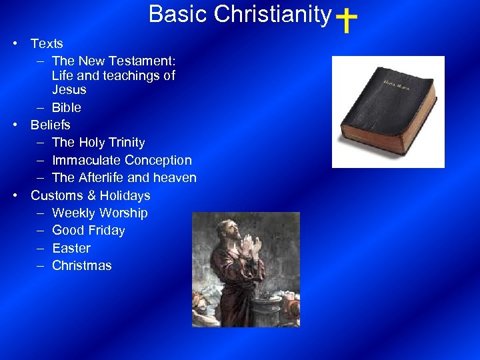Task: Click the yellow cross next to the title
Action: pyautogui.click(x=346, y=20)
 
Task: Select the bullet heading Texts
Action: pyautogui.click(x=47, y=43)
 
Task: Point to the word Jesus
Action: pyautogui.click(x=69, y=89)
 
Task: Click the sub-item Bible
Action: pyautogui.click(x=67, y=107)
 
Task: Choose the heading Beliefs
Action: pyautogui.click(x=51, y=125)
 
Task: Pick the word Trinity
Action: pyautogui.click(x=127, y=142)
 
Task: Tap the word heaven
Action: pyautogui.click(x=175, y=177)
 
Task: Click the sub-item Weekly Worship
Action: pyautogui.click(x=100, y=213)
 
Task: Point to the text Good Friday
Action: pyautogui.click(x=89, y=230)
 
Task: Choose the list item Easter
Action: pyautogui.click(x=71, y=248)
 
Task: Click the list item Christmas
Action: pyautogui.click(x=82, y=265)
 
